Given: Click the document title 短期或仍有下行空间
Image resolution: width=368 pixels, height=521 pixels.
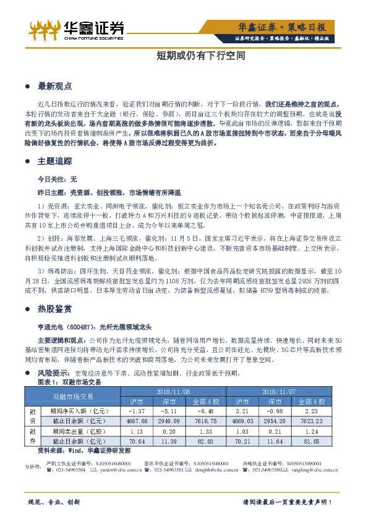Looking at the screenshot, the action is tap(184, 55).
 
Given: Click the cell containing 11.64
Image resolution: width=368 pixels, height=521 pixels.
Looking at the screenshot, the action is tap(275, 441).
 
